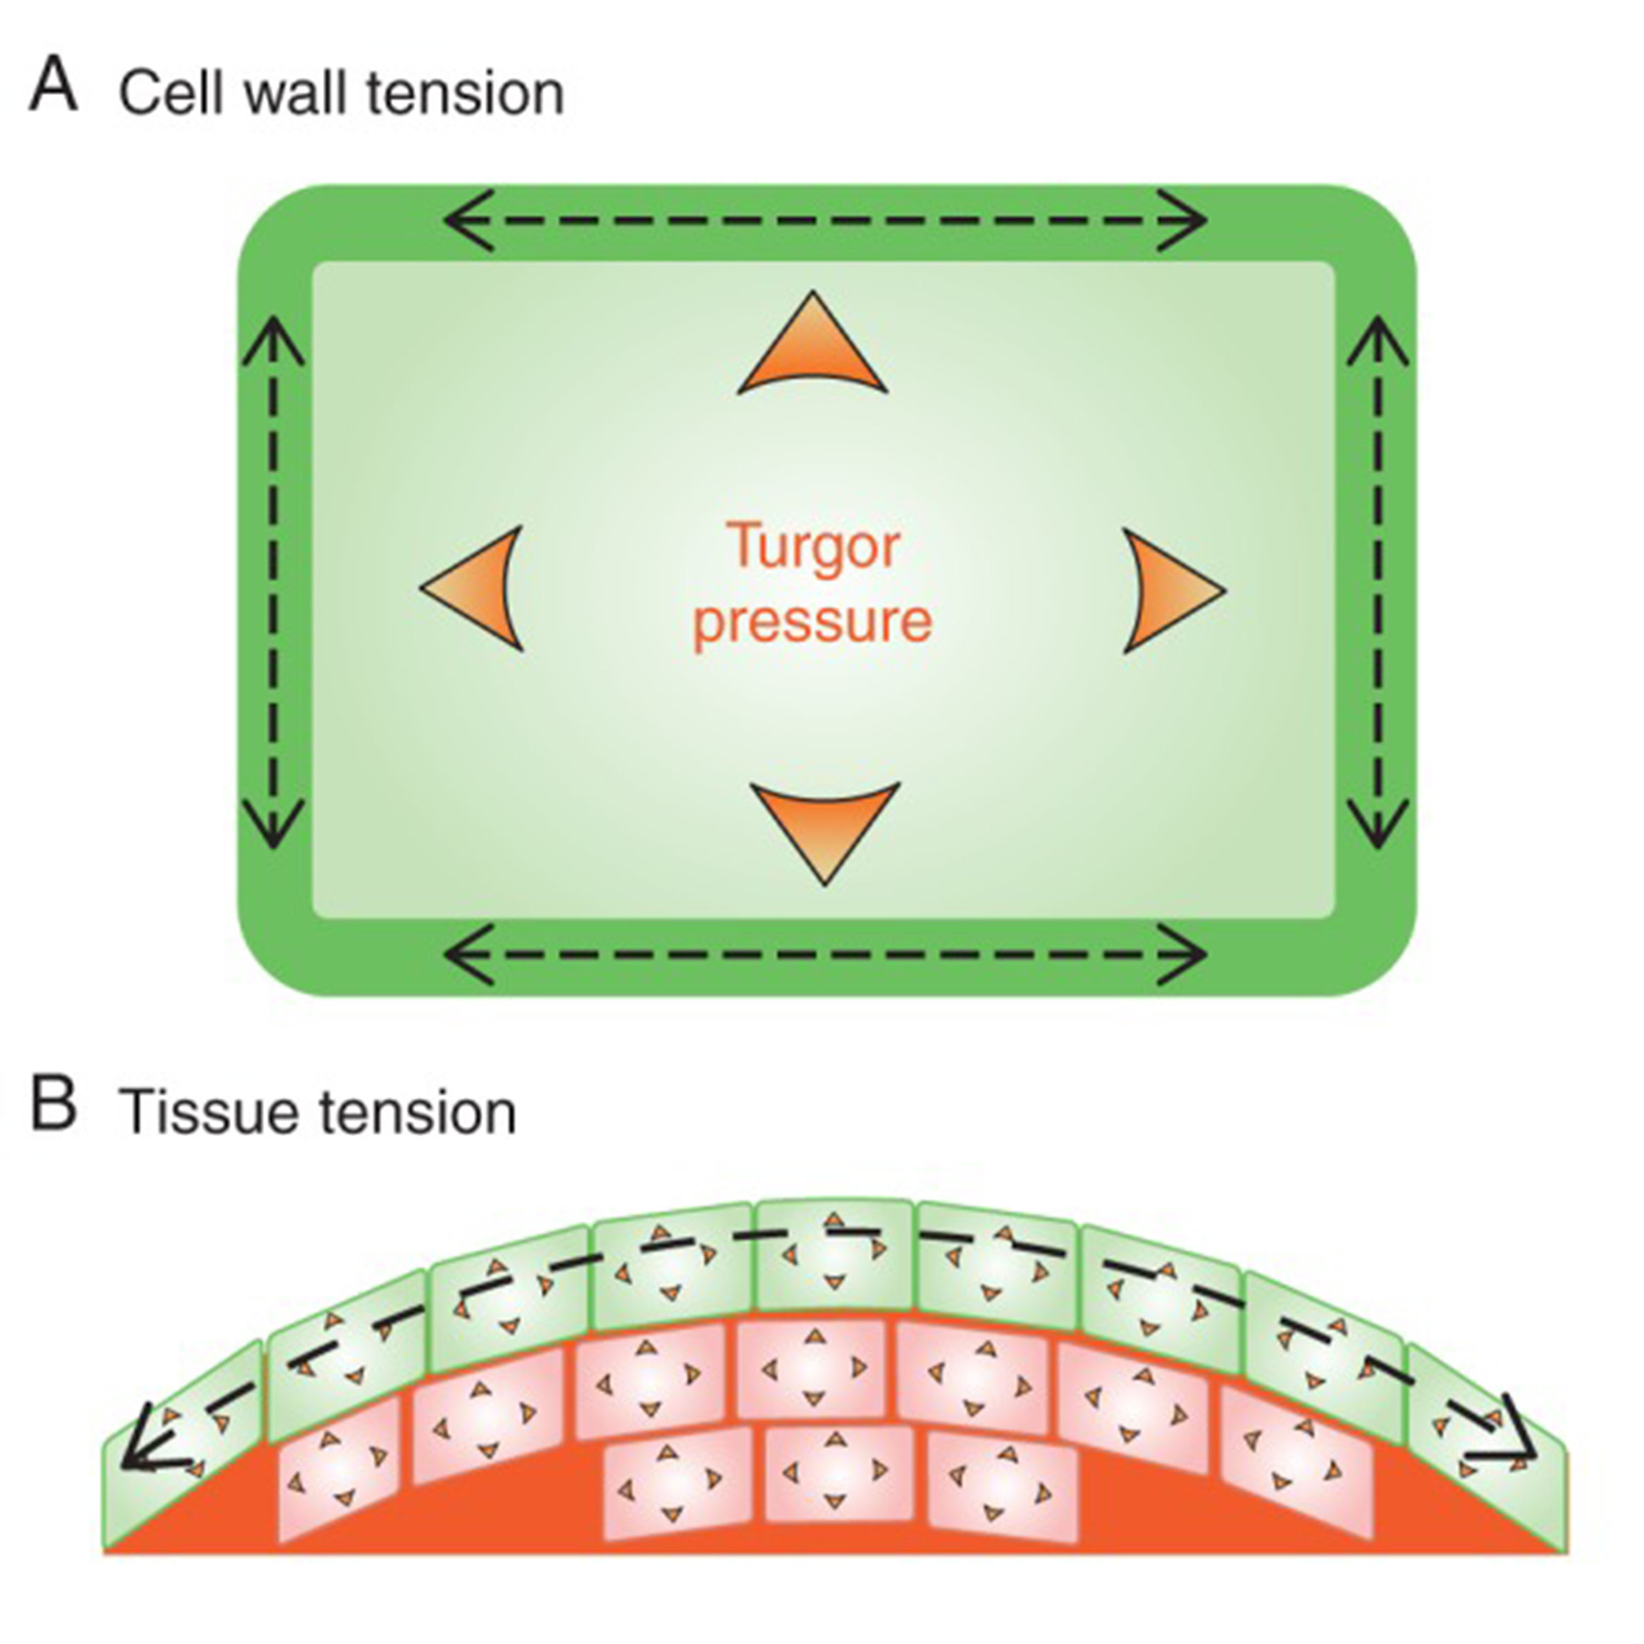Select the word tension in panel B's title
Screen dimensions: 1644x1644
point(417,1112)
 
